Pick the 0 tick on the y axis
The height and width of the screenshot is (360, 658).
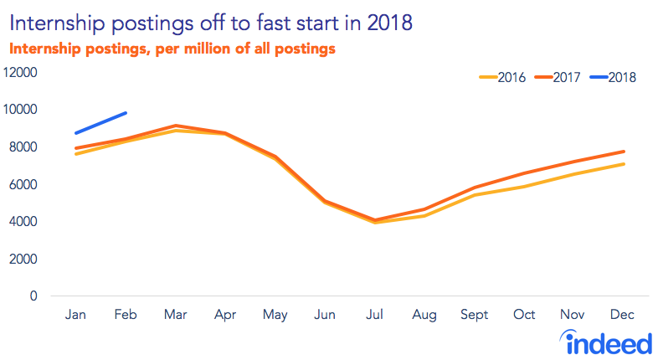[34, 296]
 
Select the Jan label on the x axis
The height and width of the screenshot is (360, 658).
[76, 314]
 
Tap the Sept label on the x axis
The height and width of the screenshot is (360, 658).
[475, 314]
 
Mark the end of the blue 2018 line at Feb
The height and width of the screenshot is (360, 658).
[126, 112]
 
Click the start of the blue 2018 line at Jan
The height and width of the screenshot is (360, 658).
[76, 133]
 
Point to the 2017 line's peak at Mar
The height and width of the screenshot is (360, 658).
[175, 126]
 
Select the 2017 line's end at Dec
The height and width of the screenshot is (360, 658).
[624, 152]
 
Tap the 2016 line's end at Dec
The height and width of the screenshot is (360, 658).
[624, 164]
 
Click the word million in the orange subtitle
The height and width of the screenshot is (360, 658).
[208, 49]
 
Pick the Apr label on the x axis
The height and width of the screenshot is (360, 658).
[224, 314]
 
